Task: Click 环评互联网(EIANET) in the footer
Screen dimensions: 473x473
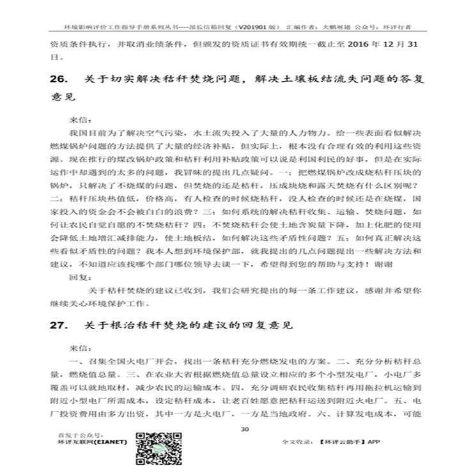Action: pyautogui.click(x=92, y=442)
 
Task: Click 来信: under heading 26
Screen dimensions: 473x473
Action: pyautogui.click(x=80, y=120)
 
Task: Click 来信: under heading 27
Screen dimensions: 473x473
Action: pyautogui.click(x=80, y=348)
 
